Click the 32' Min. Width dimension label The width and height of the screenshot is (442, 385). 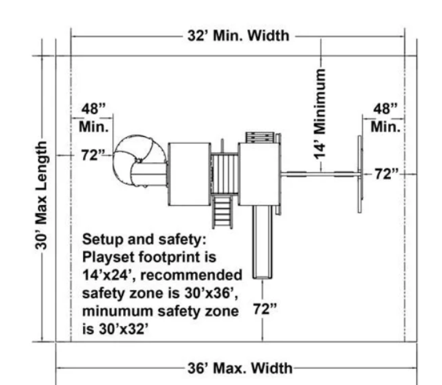239,36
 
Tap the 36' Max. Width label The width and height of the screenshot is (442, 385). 240,368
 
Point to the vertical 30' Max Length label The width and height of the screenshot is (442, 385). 41,195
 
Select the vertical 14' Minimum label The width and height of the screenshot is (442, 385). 319,113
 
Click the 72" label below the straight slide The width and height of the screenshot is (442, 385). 265,309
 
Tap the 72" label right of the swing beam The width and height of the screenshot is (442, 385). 386,174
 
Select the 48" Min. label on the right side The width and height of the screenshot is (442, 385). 386,118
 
